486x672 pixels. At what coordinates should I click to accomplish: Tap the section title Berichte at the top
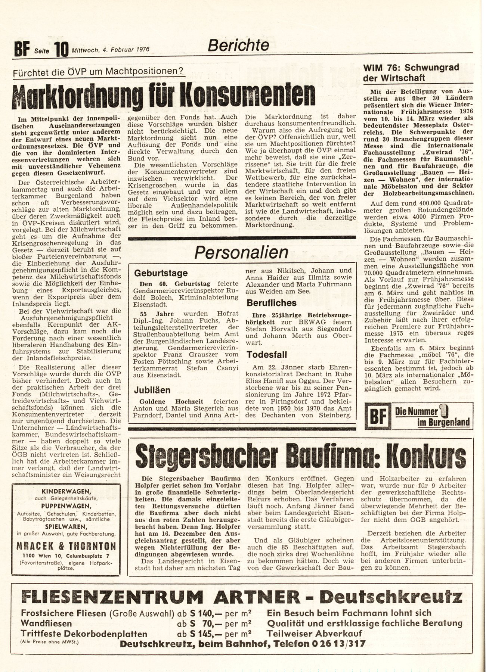pos(238,45)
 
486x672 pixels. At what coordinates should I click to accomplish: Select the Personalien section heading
pos(241,253)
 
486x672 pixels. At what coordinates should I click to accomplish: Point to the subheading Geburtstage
pos(161,273)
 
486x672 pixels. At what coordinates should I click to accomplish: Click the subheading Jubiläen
pos(152,390)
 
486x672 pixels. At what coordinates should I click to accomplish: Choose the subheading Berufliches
pos(272,303)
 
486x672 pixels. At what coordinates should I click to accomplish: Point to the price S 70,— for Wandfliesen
pos(201,623)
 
